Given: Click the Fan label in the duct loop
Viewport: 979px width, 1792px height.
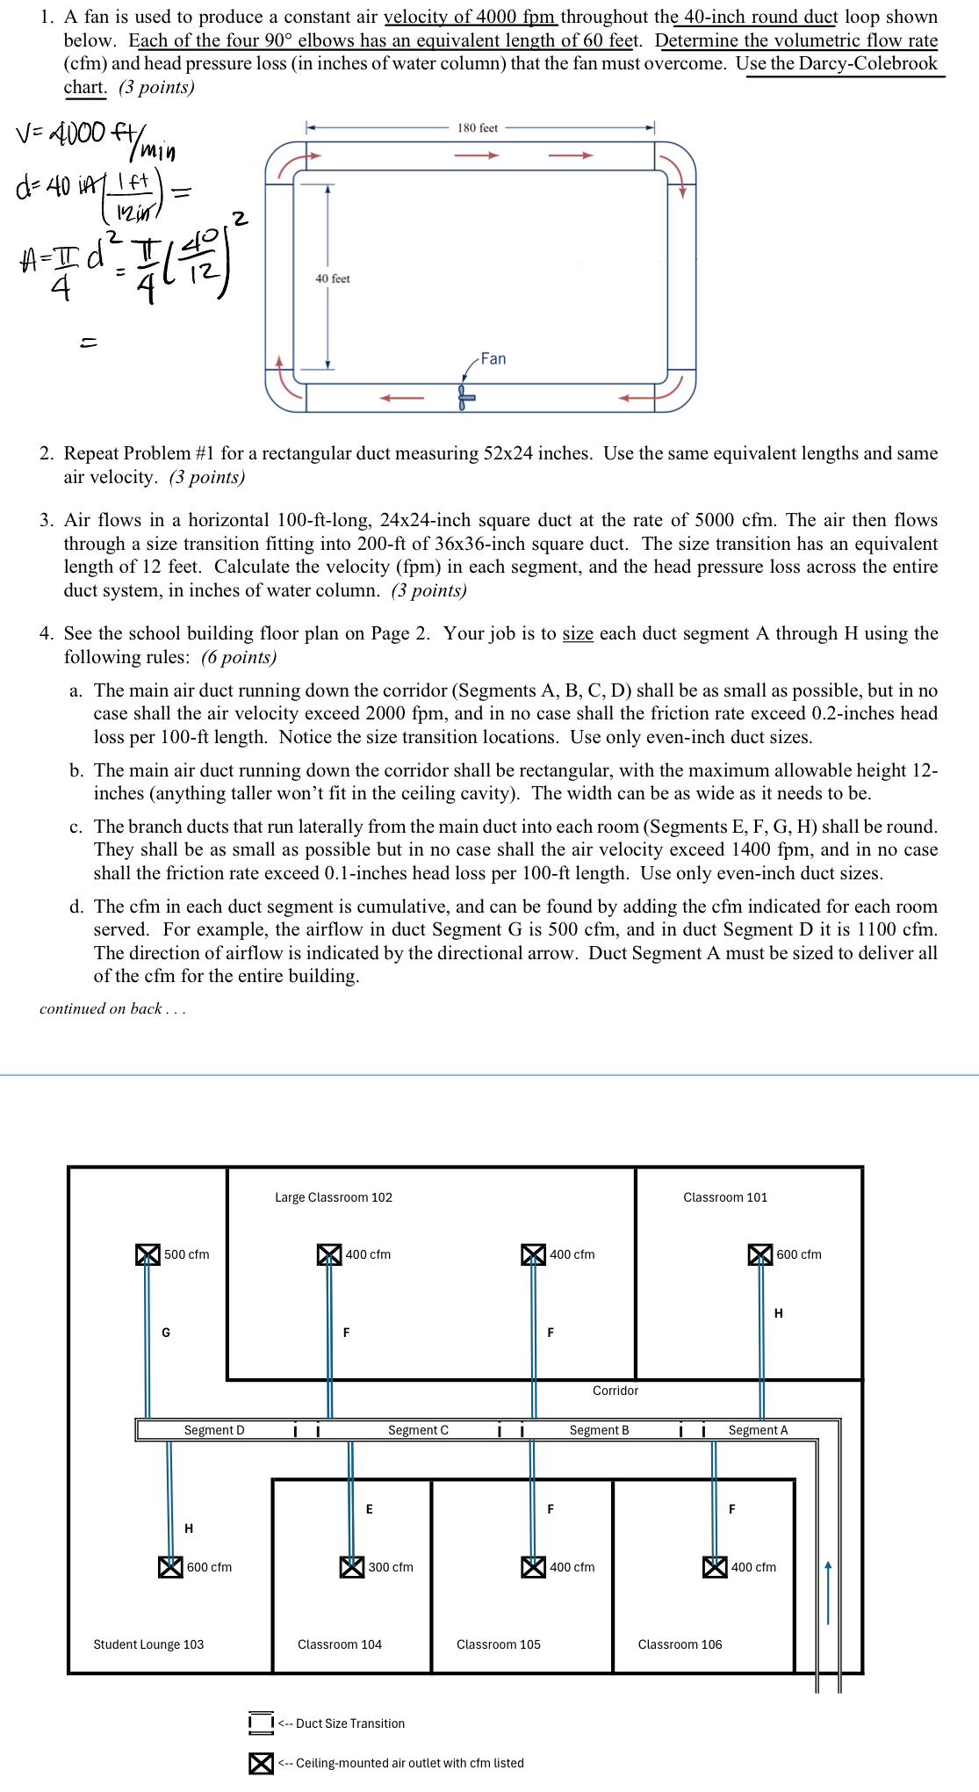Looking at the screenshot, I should point(493,358).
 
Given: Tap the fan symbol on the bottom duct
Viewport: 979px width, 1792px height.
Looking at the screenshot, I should point(465,397).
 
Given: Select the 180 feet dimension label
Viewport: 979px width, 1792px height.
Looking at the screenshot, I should point(477,128).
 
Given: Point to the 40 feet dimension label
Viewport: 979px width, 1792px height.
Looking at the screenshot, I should point(333,278).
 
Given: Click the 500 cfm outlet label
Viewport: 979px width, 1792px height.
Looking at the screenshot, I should point(186,1254).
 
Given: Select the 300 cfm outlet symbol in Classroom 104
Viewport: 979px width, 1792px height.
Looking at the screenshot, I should point(352,1566).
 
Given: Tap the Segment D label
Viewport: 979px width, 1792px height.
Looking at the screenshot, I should point(214,1430).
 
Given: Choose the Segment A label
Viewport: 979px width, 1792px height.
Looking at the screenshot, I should point(758,1430).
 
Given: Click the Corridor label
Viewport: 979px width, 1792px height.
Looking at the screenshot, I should point(615,1391).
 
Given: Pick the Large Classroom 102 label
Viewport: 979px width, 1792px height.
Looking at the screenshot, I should point(334,1197).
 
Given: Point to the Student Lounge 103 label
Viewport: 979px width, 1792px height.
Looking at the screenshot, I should point(148,1644).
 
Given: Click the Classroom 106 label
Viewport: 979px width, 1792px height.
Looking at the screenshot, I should point(680,1644).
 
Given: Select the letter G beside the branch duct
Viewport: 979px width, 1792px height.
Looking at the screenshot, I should point(166,1333).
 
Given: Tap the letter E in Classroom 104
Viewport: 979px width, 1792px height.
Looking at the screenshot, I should point(369,1509).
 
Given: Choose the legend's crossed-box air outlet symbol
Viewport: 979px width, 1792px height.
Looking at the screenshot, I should point(261,1763).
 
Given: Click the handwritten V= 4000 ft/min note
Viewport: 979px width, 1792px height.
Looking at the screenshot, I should point(95,141).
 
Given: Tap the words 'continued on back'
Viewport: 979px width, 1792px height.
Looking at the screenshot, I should point(112,1008).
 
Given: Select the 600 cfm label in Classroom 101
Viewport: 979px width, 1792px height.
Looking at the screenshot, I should point(798,1254).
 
